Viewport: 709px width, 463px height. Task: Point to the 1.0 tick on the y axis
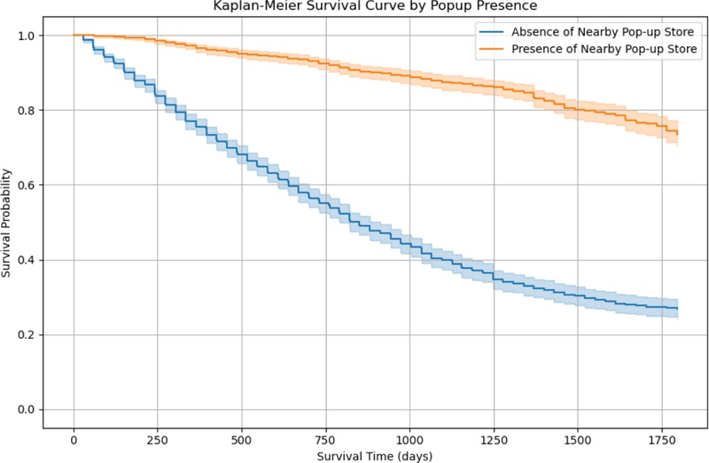(x=25, y=35)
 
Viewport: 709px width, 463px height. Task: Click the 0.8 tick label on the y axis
(x=25, y=110)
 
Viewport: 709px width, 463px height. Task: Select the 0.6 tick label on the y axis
(x=25, y=185)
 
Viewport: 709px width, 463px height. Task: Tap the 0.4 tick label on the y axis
(x=25, y=260)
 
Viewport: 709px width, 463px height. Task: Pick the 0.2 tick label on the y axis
(x=25, y=334)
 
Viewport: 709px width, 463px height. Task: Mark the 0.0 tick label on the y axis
(x=25, y=409)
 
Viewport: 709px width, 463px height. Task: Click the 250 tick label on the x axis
(x=158, y=438)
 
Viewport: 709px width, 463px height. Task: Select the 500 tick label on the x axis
(x=241, y=438)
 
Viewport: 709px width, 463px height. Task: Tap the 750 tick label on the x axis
(x=325, y=438)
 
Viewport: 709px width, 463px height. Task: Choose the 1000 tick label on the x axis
(x=409, y=438)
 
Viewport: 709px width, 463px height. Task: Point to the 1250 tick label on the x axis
(x=493, y=438)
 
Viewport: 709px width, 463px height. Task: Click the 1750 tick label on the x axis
(x=660, y=438)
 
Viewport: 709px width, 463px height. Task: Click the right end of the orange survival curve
(x=677, y=132)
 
